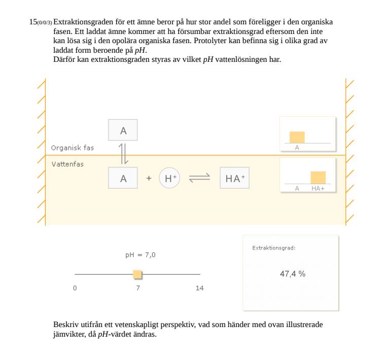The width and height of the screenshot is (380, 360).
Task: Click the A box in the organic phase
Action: (123, 130)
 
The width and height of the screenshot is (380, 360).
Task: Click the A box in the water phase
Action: (123, 177)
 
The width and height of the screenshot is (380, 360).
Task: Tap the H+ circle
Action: (169, 178)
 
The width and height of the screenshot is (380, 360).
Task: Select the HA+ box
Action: (234, 178)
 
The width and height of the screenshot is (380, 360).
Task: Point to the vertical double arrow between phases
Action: (123, 154)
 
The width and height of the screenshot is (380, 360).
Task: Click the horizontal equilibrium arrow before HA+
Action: (199, 178)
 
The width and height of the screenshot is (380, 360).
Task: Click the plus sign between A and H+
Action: (149, 178)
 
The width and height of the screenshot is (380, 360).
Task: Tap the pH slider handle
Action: (137, 274)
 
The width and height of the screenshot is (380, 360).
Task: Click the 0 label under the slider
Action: (75, 288)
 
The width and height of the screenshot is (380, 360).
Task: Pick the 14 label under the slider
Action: (200, 288)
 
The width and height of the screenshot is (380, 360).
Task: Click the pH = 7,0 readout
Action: (141, 255)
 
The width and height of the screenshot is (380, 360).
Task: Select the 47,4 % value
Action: (293, 274)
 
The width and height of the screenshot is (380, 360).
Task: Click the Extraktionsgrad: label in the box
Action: (274, 248)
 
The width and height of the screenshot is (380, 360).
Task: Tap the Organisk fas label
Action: (73, 148)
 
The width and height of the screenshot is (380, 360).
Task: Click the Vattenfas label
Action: (67, 164)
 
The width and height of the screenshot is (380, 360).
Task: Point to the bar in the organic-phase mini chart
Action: (297, 137)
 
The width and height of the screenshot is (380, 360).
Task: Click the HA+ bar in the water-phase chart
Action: (318, 177)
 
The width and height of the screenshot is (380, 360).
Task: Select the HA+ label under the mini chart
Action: (318, 189)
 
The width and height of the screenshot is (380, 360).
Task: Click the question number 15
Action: (33, 22)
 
